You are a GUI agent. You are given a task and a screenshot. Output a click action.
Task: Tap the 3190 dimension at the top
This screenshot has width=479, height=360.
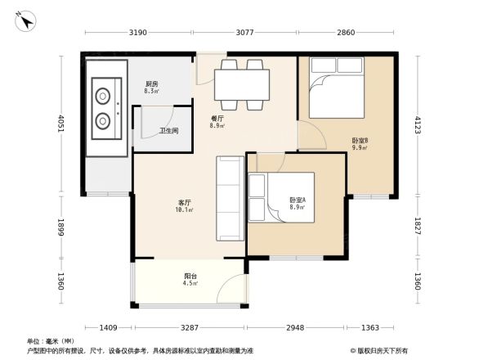tap(137, 33)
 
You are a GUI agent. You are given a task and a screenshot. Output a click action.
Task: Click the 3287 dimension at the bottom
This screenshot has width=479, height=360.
tap(190, 327)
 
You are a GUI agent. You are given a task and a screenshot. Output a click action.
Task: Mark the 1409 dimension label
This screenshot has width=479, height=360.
tap(109, 327)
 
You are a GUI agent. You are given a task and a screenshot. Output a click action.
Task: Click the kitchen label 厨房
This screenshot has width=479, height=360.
tap(151, 84)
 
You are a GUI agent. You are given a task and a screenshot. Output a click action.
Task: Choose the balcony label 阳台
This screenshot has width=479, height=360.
tap(189, 276)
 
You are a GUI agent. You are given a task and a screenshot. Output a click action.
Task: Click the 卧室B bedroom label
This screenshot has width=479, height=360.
tap(360, 141)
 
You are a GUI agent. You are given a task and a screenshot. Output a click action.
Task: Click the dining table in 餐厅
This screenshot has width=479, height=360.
tap(242, 83)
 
